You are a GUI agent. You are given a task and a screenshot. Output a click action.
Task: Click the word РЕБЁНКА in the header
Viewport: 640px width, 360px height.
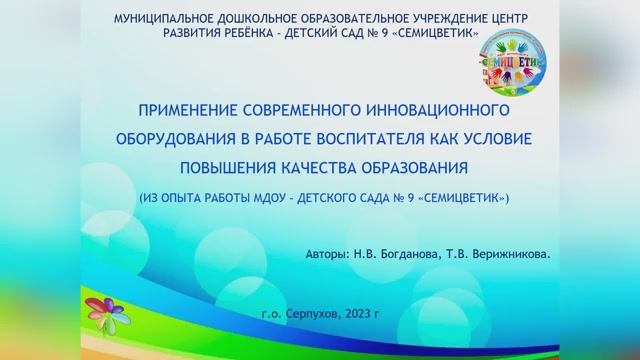[247, 33]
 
